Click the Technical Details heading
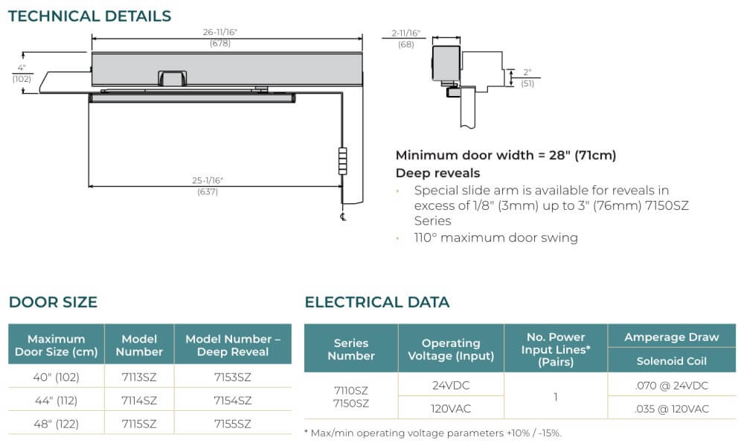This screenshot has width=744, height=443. (x=90, y=16)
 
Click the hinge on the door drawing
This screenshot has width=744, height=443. (x=342, y=162)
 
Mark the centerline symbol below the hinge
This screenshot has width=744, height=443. (x=342, y=217)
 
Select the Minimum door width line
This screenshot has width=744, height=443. (x=506, y=156)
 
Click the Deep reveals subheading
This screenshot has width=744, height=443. (x=437, y=173)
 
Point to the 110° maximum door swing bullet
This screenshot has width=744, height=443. (x=496, y=238)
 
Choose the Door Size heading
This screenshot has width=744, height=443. (x=53, y=302)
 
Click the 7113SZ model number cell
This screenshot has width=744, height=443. (x=139, y=377)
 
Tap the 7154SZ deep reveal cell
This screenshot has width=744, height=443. (x=232, y=401)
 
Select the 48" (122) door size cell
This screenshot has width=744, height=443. (x=56, y=424)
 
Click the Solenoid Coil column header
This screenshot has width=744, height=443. (x=671, y=361)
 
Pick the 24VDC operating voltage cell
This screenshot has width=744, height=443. (x=451, y=385)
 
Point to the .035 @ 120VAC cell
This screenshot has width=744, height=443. (x=671, y=409)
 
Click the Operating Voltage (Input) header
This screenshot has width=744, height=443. (x=451, y=349)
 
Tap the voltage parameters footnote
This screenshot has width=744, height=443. (x=433, y=433)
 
